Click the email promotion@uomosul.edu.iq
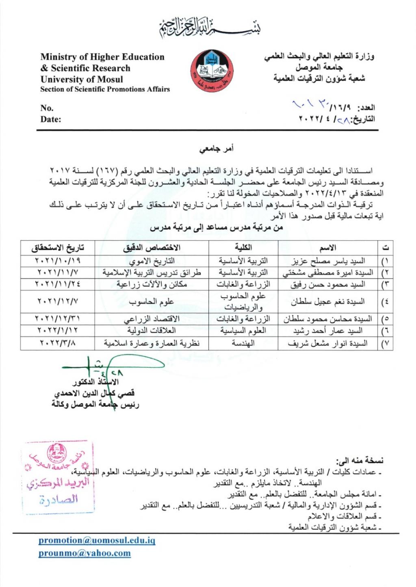(x=97, y=540)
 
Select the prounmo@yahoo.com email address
(x=84, y=553)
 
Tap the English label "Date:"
(x=51, y=119)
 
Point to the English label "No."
(x=47, y=108)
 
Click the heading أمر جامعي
(x=216, y=149)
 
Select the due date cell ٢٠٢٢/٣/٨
(x=58, y=343)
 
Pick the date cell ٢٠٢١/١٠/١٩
(x=58, y=261)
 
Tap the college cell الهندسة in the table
(x=243, y=343)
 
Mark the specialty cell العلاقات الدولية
(x=152, y=331)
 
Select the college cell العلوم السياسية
(x=243, y=331)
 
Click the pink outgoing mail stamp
(x=58, y=477)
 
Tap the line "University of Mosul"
(x=82, y=79)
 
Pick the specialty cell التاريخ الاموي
(x=152, y=261)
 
